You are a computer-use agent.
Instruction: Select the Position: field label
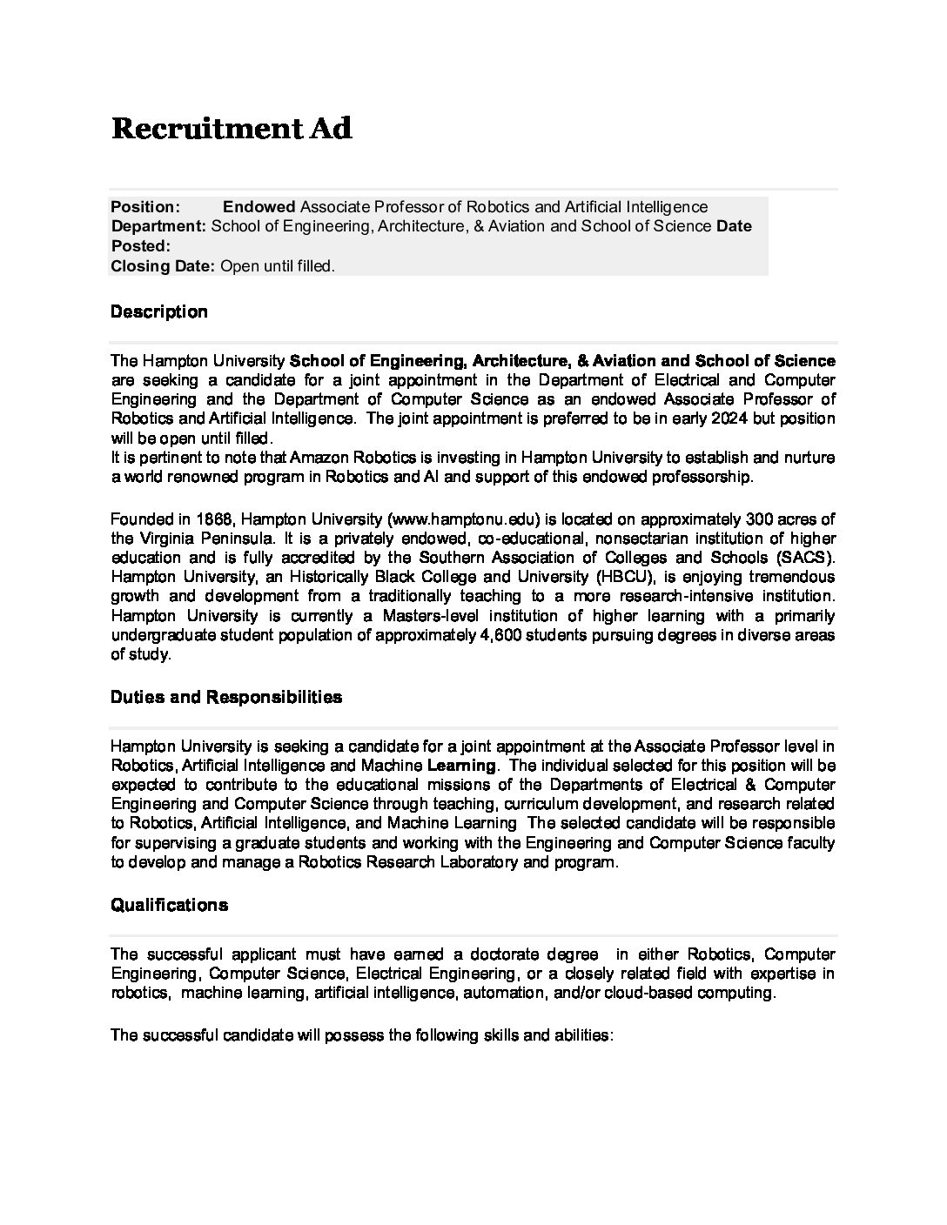tap(145, 207)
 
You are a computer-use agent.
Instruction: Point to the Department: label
tap(158, 226)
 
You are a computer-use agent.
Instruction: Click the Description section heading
tap(159, 312)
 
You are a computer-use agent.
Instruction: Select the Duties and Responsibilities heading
tap(226, 698)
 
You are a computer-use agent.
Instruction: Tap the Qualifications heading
tap(170, 906)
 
